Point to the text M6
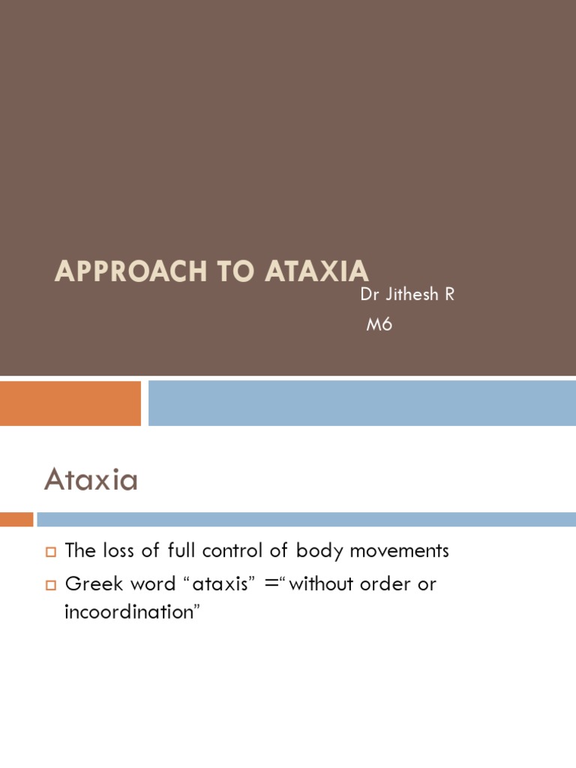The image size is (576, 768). [x=379, y=325]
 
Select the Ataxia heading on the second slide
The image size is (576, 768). [x=91, y=479]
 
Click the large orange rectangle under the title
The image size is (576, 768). [x=70, y=403]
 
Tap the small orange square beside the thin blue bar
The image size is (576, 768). [x=16, y=519]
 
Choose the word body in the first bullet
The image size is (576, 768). [x=316, y=551]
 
